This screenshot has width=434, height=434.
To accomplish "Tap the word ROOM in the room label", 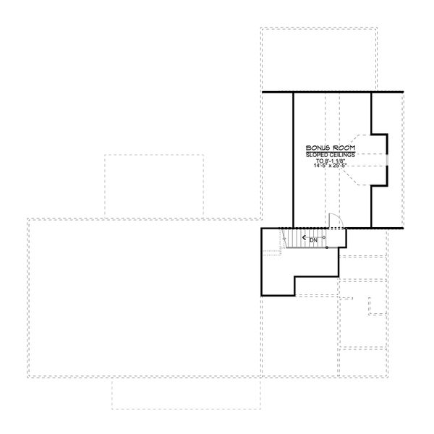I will pos(337,147).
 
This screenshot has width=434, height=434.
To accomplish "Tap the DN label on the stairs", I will pos(312,239).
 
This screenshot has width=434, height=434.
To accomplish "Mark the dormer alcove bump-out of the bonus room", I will pos(379,160).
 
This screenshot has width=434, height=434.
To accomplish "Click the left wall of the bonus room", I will pos(293,159).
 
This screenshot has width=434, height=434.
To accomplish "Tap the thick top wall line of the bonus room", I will pos(333,92).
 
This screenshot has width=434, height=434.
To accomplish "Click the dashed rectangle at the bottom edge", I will pos(186,394).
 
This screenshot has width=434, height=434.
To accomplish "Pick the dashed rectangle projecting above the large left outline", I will pos(153,184).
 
